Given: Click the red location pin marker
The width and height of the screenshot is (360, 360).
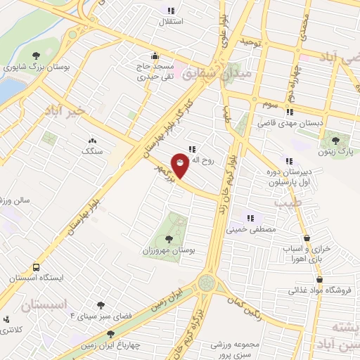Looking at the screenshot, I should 181,165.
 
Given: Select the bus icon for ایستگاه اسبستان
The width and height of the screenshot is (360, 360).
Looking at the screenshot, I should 36,267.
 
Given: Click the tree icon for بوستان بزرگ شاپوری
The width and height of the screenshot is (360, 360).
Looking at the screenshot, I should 36,56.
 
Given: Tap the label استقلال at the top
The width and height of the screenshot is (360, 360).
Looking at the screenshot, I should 172,21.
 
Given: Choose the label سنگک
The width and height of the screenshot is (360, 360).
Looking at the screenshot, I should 91,151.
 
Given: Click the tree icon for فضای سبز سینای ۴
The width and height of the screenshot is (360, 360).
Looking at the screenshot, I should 101,305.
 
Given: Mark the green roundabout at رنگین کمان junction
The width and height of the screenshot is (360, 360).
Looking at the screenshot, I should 206,283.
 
